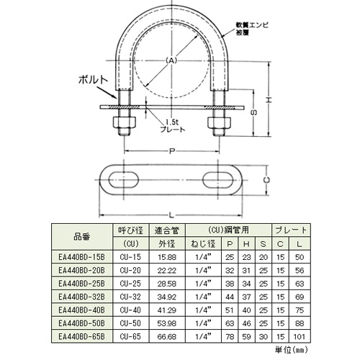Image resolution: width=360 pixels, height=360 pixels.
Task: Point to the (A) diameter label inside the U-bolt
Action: [x=171, y=60]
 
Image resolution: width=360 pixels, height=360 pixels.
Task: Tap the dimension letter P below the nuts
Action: [x=171, y=152]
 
